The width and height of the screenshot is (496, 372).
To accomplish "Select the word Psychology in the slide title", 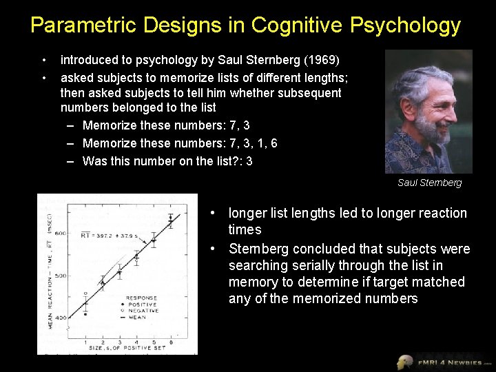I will pyautogui.click(x=405, y=25).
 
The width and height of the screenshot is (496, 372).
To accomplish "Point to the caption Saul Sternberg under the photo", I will pyautogui.click(x=429, y=183).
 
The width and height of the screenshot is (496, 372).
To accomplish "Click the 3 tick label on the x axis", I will pyautogui.click(x=119, y=342).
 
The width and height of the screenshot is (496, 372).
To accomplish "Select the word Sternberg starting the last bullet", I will pyautogui.click(x=258, y=249).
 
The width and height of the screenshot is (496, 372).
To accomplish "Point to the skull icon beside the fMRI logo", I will pyautogui.click(x=405, y=362).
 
